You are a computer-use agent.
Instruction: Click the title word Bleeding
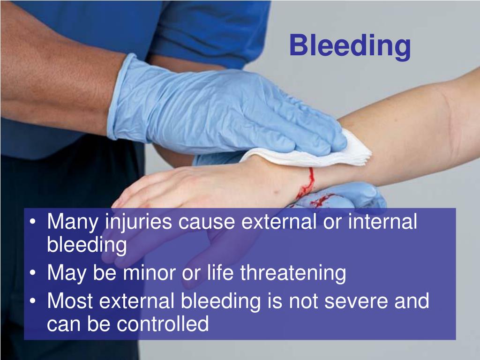tap(350, 46)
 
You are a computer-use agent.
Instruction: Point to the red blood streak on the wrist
tap(307, 183)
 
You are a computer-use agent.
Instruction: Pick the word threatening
tap(293, 273)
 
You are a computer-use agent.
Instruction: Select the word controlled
tap(163, 323)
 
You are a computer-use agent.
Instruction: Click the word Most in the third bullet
tap(70, 301)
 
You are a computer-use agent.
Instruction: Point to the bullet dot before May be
tap(33, 272)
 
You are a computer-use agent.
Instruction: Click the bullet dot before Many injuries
tap(33, 222)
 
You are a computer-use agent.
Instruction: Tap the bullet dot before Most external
tap(33, 301)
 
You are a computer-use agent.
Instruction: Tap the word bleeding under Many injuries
tap(87, 245)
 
